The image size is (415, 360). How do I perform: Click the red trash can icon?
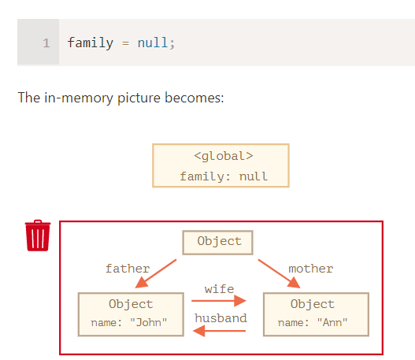click(38, 236)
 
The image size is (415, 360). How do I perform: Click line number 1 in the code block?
click(46, 43)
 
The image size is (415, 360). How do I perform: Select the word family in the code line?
click(91, 43)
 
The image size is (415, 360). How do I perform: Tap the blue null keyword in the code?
click(153, 43)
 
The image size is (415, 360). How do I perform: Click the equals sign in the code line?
click(125, 43)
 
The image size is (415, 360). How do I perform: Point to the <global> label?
click(224, 156)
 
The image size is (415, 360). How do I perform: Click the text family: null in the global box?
click(224, 176)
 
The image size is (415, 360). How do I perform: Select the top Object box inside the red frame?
click(218, 243)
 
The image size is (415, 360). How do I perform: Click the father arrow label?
click(128, 269)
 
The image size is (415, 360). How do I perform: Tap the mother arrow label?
click(311, 269)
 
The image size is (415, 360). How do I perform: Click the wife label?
click(219, 289)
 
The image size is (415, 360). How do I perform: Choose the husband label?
click(220, 318)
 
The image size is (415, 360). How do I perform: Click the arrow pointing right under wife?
click(219, 301)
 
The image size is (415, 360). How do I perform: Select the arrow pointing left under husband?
click(220, 331)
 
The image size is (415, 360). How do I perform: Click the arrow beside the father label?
click(156, 273)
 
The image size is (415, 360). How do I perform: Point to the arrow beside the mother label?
click(280, 273)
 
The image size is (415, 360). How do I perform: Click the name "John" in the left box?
click(129, 323)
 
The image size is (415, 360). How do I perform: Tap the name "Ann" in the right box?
click(313, 323)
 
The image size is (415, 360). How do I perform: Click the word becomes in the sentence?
click(195, 98)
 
